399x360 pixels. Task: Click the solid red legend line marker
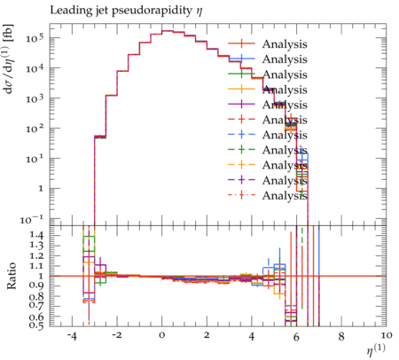(x=241, y=44)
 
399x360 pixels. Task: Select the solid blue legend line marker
(x=241, y=59)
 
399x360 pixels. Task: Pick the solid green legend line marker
(x=241, y=74)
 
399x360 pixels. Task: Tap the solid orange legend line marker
(x=241, y=90)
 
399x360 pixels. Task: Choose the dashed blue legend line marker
(x=241, y=135)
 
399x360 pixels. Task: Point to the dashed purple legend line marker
(x=241, y=180)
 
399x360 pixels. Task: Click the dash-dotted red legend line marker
(x=241, y=195)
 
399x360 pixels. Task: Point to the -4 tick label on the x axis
(x=72, y=336)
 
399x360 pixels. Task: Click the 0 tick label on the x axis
(x=161, y=336)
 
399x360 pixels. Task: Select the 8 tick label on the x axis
(x=341, y=336)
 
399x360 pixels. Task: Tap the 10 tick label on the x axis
(x=387, y=336)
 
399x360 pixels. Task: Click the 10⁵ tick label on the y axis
(x=35, y=37)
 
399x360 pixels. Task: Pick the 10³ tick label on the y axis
(x=35, y=98)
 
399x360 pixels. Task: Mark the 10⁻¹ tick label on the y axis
(x=32, y=219)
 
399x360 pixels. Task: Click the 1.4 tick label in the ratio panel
(x=36, y=235)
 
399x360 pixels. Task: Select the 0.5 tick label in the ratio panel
(x=36, y=325)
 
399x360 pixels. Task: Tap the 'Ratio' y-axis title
(x=12, y=276)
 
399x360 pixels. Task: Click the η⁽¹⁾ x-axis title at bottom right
(x=376, y=349)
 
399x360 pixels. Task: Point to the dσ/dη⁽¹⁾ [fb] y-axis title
(x=10, y=59)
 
